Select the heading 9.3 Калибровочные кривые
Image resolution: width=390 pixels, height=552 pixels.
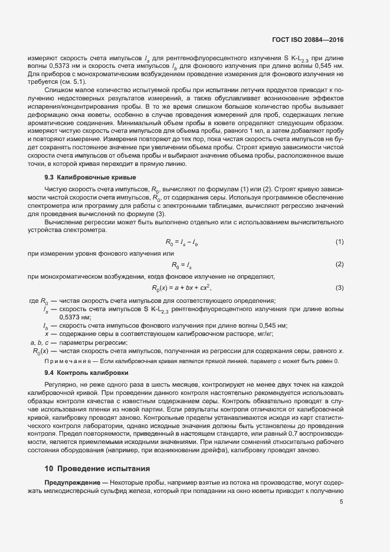tap(90, 177)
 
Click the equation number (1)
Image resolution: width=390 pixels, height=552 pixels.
tap(339, 242)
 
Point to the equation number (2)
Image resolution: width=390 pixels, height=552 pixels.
tap(339, 264)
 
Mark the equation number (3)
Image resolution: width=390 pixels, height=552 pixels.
tap(339, 288)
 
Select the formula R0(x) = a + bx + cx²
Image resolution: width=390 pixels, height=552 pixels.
tap(181, 288)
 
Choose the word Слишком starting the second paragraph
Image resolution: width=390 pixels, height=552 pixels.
tap(57, 90)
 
